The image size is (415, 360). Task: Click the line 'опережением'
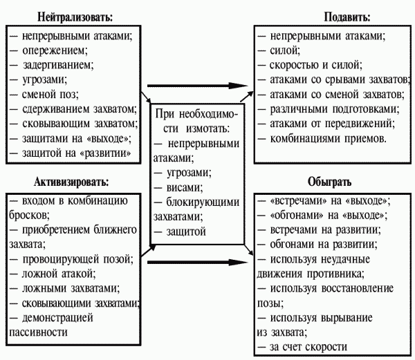click(56, 50)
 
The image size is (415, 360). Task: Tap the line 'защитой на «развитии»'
click(72, 151)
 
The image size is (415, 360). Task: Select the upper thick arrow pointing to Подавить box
click(201, 86)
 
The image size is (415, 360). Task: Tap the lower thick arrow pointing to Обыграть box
click(201, 262)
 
